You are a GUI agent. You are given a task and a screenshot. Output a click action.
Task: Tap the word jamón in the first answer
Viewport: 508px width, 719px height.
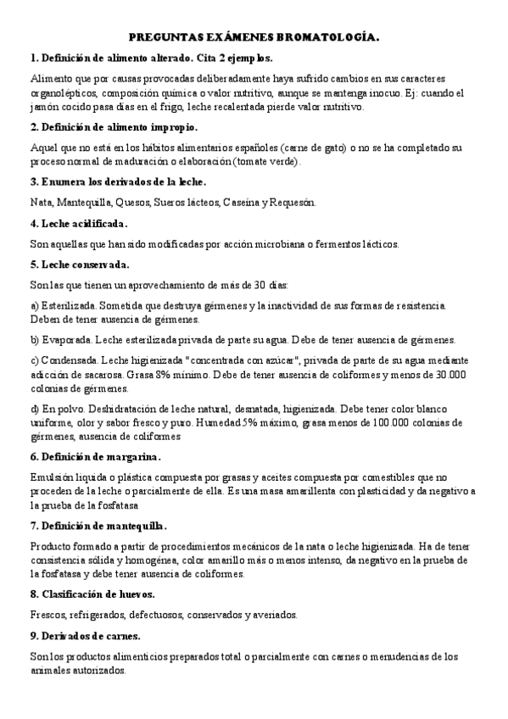click(44, 108)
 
